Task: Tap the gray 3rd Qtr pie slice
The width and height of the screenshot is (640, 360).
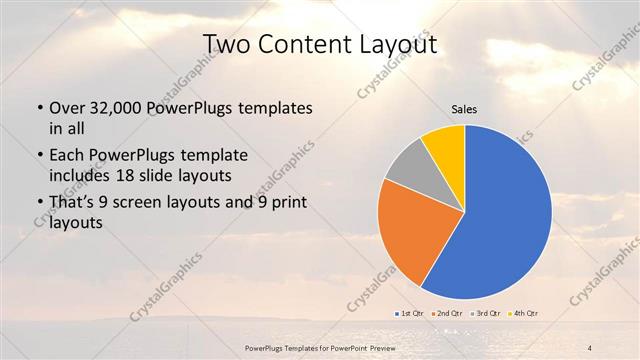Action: [x=408, y=168]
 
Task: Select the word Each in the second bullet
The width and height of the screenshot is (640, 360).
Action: [x=66, y=156]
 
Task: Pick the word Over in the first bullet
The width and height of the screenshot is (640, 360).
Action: [x=66, y=108]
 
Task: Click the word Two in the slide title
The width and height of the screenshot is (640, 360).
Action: [x=226, y=46]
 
